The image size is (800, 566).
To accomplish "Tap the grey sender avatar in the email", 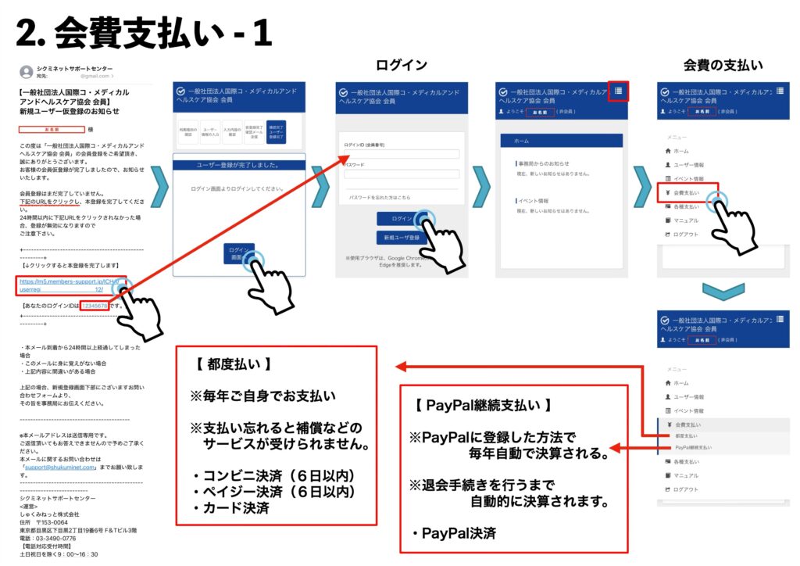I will coord(27,72).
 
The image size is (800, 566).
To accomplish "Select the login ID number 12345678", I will coord(94,306).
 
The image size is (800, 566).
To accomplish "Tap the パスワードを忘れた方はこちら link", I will coord(379,197).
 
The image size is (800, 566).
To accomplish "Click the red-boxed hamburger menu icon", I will coord(618,91).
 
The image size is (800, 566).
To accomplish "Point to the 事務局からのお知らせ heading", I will coord(545,163).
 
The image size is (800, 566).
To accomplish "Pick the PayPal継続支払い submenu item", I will coord(693,448).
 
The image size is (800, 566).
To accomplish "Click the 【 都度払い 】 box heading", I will coord(230,364).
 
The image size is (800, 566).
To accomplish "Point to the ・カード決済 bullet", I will coord(230,508).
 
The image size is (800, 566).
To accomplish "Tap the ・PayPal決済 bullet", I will coord(453,534).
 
